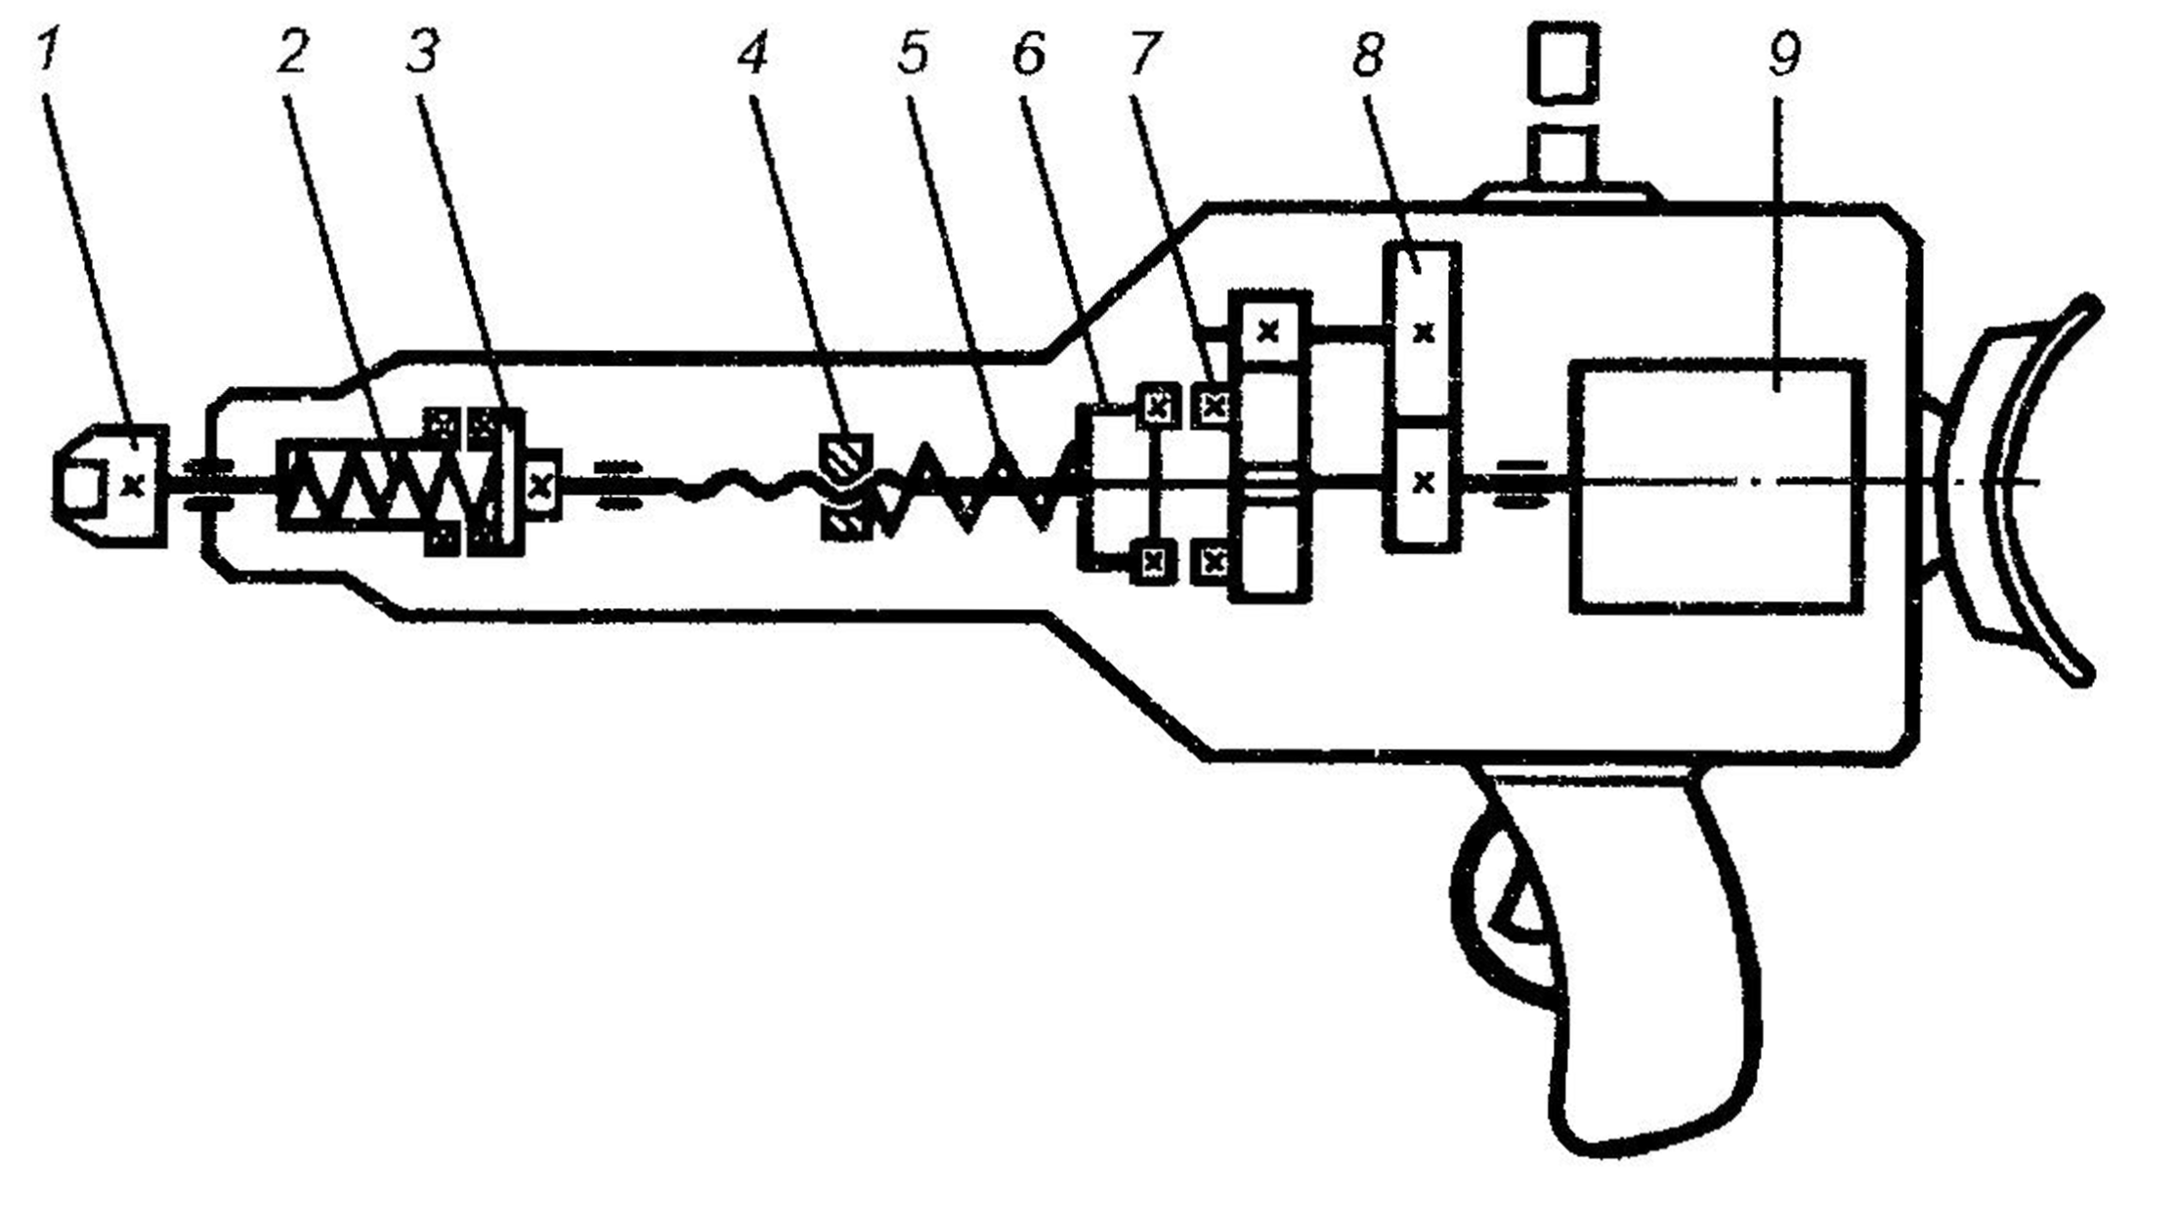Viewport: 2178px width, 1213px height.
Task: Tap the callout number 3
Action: (x=423, y=52)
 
